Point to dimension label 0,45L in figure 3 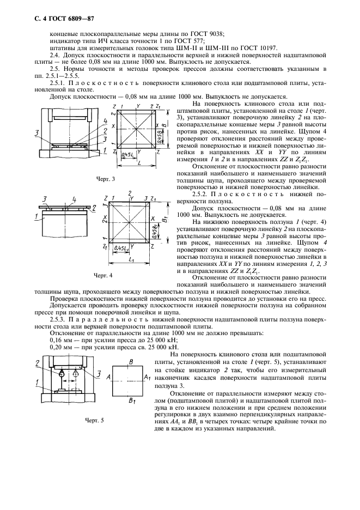point(129,154)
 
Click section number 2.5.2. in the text point(204,195)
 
